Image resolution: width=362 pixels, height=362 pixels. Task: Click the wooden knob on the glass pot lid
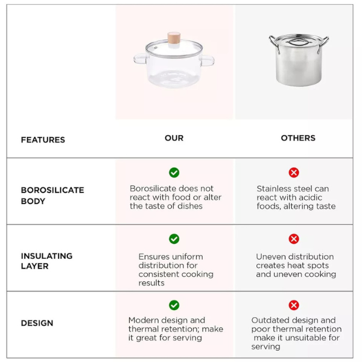pyautogui.click(x=174, y=37)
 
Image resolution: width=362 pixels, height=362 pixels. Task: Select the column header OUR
pyautogui.click(x=174, y=138)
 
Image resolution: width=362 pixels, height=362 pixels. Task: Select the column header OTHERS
pyautogui.click(x=298, y=138)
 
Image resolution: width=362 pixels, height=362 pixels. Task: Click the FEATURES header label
pyautogui.click(x=43, y=139)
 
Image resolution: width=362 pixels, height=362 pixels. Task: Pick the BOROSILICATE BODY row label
pyautogui.click(x=52, y=195)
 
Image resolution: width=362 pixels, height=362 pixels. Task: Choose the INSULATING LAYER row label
pyautogui.click(x=46, y=261)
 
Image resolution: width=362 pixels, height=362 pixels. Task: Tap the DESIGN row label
pyautogui.click(x=37, y=323)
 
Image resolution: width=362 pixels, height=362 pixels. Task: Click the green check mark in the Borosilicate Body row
pyautogui.click(x=174, y=173)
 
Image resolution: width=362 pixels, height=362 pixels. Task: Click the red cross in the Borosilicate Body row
pyautogui.click(x=294, y=173)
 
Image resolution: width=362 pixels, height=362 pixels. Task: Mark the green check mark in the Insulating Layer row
pyautogui.click(x=174, y=239)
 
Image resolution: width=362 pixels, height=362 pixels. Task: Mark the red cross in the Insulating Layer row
pyautogui.click(x=294, y=239)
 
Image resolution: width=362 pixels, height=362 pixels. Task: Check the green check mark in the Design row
pyautogui.click(x=174, y=305)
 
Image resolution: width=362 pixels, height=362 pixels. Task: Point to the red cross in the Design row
pyautogui.click(x=294, y=305)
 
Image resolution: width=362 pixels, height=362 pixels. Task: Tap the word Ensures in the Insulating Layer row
pyautogui.click(x=154, y=257)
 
